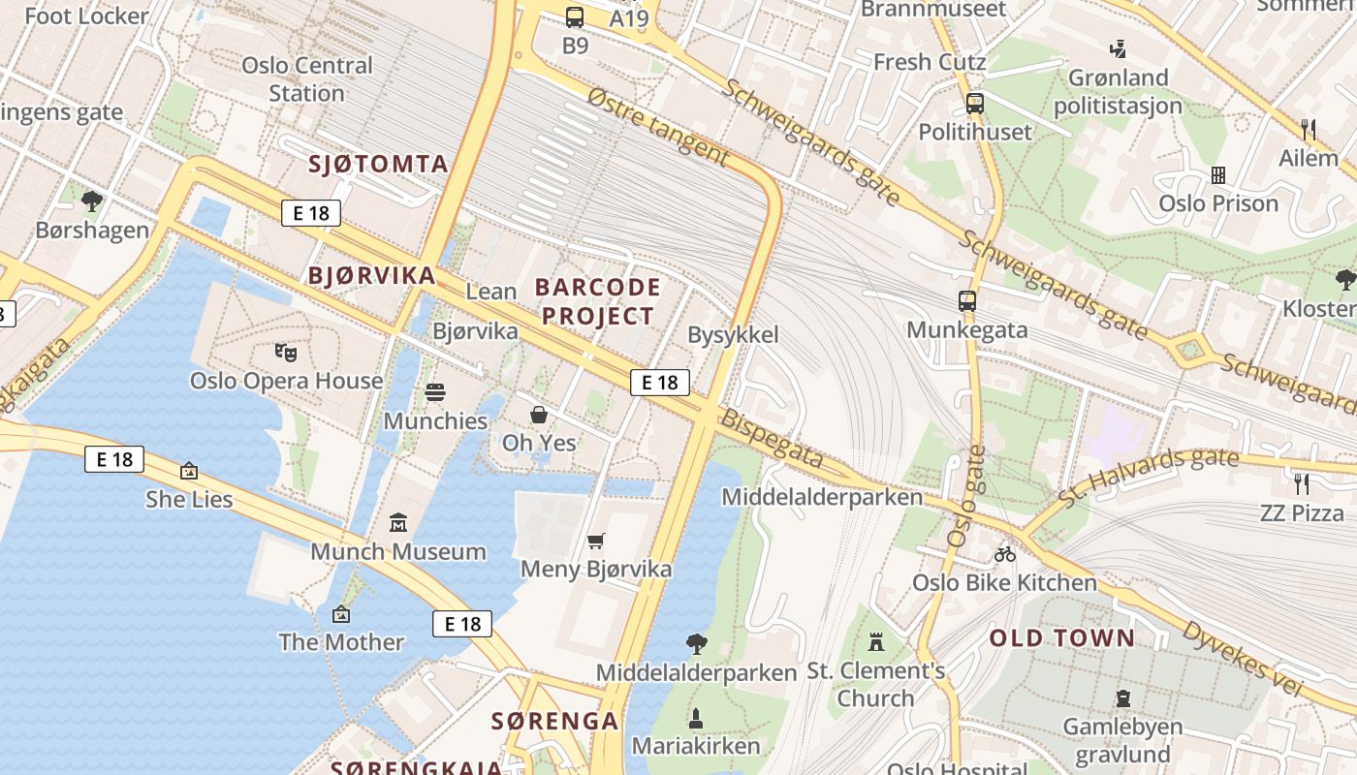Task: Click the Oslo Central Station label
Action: (306, 79)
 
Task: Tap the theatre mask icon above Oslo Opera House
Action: (285, 352)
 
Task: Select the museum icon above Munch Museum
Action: (397, 523)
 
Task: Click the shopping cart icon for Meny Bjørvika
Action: (595, 541)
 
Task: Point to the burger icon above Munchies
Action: (435, 392)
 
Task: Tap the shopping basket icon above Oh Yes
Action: (539, 415)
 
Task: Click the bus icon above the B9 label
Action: (575, 16)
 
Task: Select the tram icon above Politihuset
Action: (975, 103)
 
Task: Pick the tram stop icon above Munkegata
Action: (966, 300)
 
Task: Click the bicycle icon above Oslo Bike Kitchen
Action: (1005, 554)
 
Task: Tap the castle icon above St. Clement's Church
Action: (876, 641)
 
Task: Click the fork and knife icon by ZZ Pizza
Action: (1302, 483)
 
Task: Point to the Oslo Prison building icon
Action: (1218, 175)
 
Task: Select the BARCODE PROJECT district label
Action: (597, 301)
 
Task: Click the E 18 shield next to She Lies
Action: (114, 459)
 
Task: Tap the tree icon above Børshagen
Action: (92, 201)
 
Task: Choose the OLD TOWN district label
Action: (1061, 637)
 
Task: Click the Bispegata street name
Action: (772, 441)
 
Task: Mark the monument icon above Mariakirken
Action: (695, 718)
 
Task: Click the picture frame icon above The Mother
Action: (340, 613)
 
